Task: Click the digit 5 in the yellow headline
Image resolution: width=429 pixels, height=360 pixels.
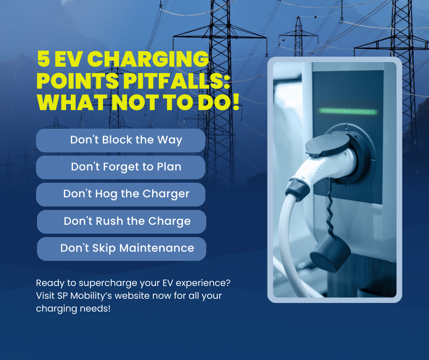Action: click(x=43, y=60)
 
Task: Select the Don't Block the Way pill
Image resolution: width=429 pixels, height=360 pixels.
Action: click(x=120, y=140)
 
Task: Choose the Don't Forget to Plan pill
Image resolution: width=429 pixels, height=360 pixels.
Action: click(x=120, y=167)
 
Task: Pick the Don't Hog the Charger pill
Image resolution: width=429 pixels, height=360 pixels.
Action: click(x=120, y=194)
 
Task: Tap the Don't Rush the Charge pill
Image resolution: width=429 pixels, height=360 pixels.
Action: click(x=121, y=222)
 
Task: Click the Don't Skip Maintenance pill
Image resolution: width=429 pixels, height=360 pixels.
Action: click(x=121, y=249)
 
